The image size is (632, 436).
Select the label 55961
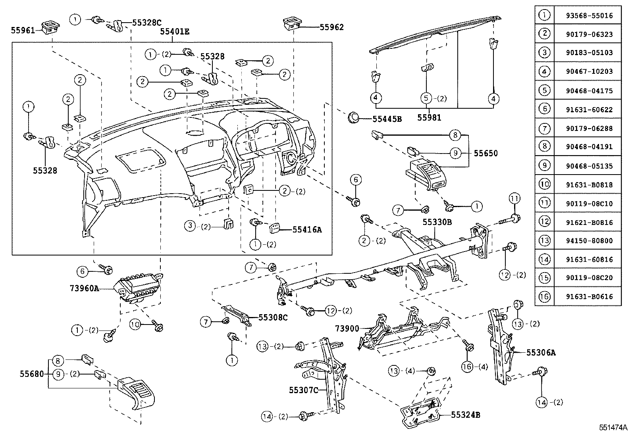tap(23, 30)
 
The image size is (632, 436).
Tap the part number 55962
tap(332, 27)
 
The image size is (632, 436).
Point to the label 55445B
tap(387, 119)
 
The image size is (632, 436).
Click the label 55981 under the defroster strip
tap(429, 117)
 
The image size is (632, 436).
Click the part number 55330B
tap(437, 223)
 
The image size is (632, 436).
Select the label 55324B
tap(466, 415)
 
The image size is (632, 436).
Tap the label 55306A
tap(541, 352)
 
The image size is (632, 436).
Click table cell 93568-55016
tap(589, 16)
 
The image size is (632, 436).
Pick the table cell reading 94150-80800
tap(589, 240)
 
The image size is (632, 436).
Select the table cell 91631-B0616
tap(589, 296)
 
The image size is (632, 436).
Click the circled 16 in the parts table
tap(544, 296)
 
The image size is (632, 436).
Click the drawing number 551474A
tap(613, 428)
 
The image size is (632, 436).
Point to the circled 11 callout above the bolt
tap(514, 198)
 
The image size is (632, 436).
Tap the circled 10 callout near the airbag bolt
tap(135, 325)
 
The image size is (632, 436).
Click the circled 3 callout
tap(190, 226)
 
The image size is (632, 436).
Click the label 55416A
tap(307, 229)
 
